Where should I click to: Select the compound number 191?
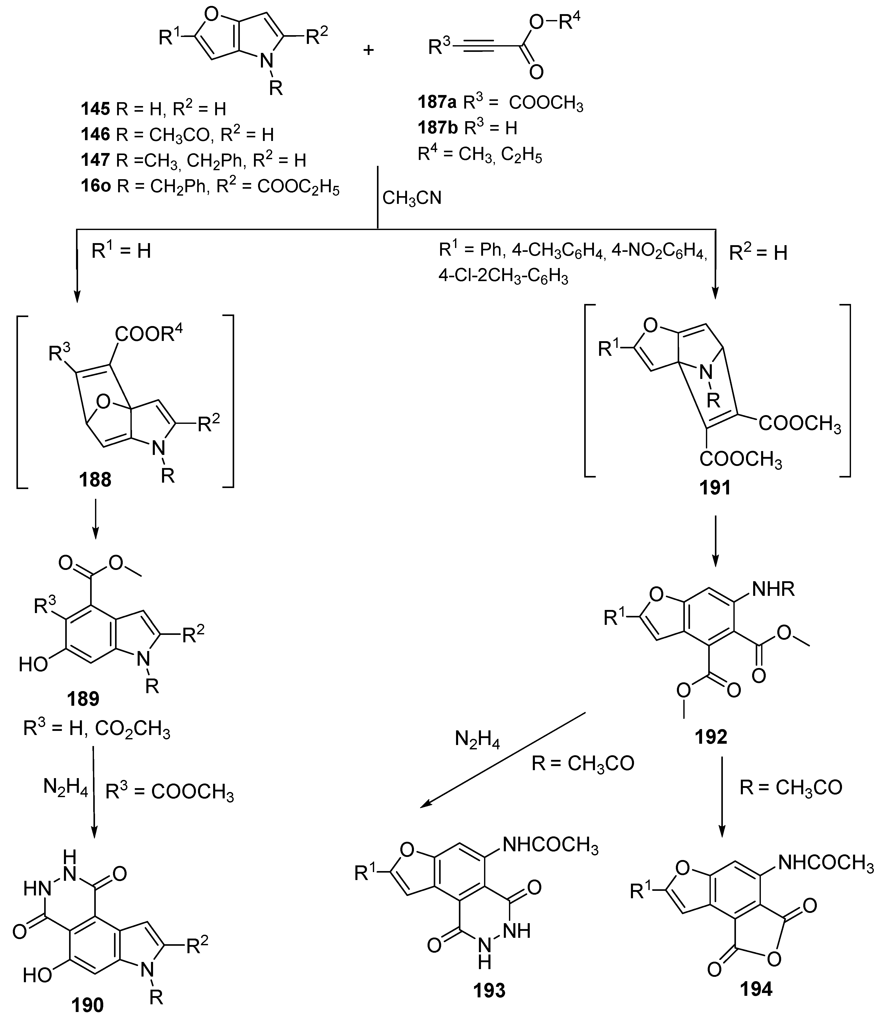(715, 488)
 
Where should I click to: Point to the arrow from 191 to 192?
(715, 540)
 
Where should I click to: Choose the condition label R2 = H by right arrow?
(758, 253)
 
